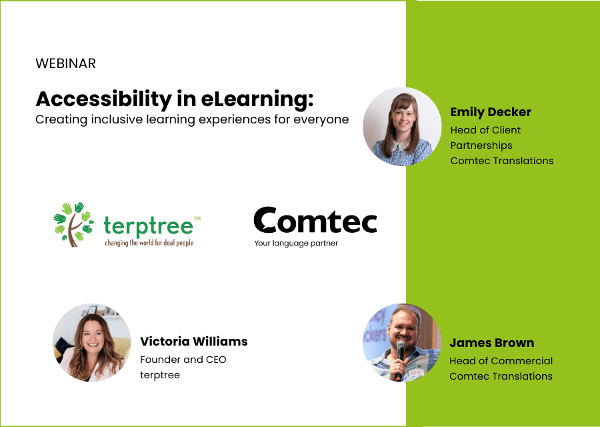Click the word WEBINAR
click(x=65, y=64)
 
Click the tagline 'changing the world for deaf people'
click(x=149, y=243)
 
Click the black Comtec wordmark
click(x=315, y=221)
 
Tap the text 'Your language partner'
click(x=296, y=243)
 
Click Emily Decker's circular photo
click(x=402, y=127)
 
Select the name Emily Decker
click(x=491, y=111)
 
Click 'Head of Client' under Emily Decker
click(x=485, y=130)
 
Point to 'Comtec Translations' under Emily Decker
click(x=501, y=160)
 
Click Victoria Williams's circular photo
click(x=92, y=343)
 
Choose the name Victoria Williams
click(x=193, y=342)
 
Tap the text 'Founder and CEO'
click(x=183, y=360)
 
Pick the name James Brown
click(x=491, y=343)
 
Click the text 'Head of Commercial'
click(x=501, y=361)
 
